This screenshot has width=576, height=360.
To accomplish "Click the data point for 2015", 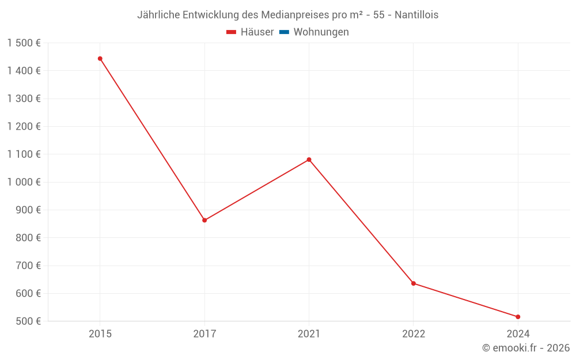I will pyautogui.click(x=100, y=59).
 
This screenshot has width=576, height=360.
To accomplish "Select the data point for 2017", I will pyautogui.click(x=204, y=220).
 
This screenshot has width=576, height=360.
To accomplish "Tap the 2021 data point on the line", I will pyautogui.click(x=309, y=160).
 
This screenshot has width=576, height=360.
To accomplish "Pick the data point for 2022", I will pyautogui.click(x=414, y=283).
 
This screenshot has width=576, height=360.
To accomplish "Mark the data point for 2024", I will pyautogui.click(x=518, y=317).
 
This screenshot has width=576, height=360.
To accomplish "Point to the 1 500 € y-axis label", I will pyautogui.click(x=24, y=43).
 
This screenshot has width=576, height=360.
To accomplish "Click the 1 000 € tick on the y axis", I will pyautogui.click(x=24, y=182).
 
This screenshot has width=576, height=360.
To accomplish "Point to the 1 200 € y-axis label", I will pyautogui.click(x=24, y=127).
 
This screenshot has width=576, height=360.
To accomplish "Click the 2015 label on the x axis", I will pyautogui.click(x=100, y=334).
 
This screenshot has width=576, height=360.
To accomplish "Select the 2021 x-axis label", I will pyautogui.click(x=309, y=334).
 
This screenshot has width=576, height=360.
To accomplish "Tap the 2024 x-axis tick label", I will pyautogui.click(x=518, y=334).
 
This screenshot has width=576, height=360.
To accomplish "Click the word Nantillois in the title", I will pyautogui.click(x=416, y=15).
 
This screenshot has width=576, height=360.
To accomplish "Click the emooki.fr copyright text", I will pyautogui.click(x=526, y=348).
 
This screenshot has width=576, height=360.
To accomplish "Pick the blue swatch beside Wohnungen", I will pyautogui.click(x=284, y=32).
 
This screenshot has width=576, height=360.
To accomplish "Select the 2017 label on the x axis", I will pyautogui.click(x=204, y=334).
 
